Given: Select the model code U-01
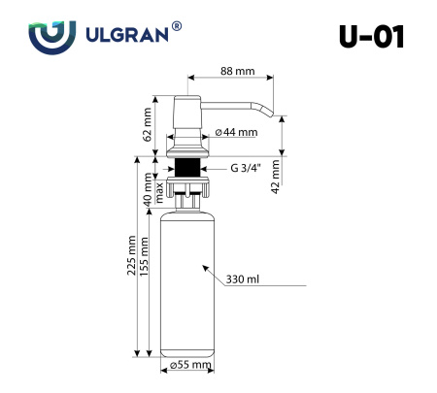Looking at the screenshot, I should coord(370,36).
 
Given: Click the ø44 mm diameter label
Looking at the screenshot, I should coord(235,131).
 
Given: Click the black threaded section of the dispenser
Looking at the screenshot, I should coord(186,167).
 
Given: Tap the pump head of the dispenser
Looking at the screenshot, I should coord(186,116).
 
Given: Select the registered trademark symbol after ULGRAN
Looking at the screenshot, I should coord(176,27).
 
